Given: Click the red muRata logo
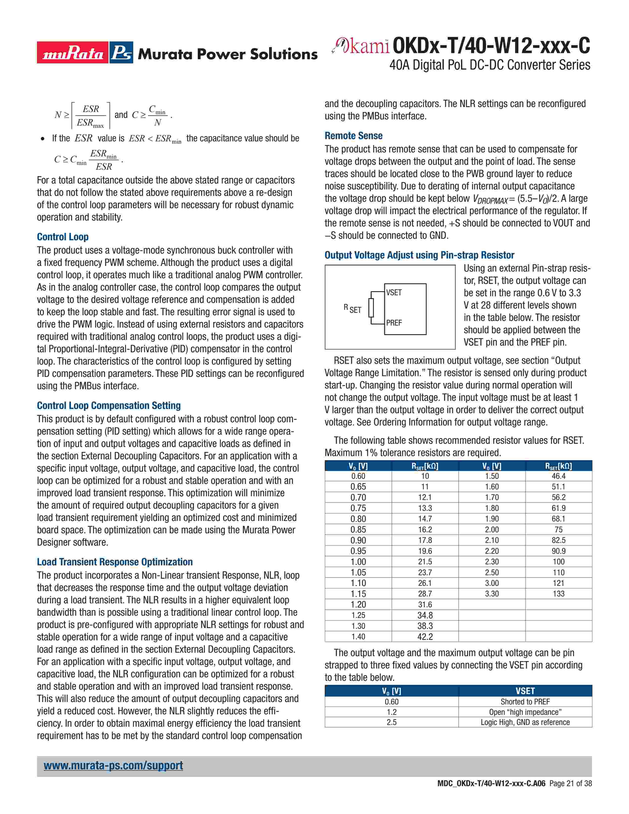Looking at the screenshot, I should (73, 53).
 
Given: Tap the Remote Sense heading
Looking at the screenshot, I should (353, 136).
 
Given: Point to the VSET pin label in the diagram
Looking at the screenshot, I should (394, 293).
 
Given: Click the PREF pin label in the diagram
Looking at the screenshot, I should (394, 323).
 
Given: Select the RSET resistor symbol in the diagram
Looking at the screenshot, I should (371, 308).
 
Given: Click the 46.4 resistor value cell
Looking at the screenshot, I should (558, 476).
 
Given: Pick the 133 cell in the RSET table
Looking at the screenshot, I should (558, 594).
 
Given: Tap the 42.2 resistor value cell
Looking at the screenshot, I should (425, 637).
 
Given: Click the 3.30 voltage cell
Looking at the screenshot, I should (492, 594).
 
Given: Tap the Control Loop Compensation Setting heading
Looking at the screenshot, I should (109, 406).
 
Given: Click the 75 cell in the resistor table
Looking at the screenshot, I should (558, 530).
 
